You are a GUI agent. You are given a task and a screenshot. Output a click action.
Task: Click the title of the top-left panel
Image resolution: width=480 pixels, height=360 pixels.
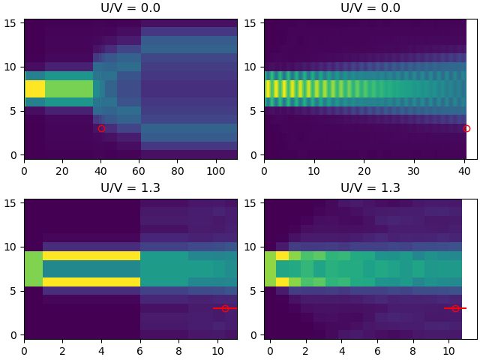pyautogui.click(x=130, y=8)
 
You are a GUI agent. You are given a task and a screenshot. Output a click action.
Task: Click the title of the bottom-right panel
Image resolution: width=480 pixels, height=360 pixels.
pyautogui.click(x=370, y=188)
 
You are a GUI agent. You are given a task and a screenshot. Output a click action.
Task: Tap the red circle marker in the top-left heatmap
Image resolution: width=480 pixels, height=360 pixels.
pyautogui.click(x=101, y=128)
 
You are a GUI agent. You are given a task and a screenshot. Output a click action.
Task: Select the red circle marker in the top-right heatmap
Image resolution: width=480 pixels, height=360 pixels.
pyautogui.click(x=466, y=128)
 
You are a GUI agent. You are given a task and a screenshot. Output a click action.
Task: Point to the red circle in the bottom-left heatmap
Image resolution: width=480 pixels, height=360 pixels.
pyautogui.click(x=225, y=308)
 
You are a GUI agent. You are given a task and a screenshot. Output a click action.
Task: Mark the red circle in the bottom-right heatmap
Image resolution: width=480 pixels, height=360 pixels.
pyautogui.click(x=455, y=308)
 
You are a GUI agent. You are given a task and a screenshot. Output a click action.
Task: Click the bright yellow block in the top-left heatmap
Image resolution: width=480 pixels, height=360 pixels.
pyautogui.click(x=34, y=88)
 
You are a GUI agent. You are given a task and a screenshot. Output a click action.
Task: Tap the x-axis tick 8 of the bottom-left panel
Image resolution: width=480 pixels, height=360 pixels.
pyautogui.click(x=179, y=350)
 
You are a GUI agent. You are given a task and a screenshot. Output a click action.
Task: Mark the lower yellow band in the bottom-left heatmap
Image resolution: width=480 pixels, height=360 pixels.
pyautogui.click(x=91, y=282)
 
